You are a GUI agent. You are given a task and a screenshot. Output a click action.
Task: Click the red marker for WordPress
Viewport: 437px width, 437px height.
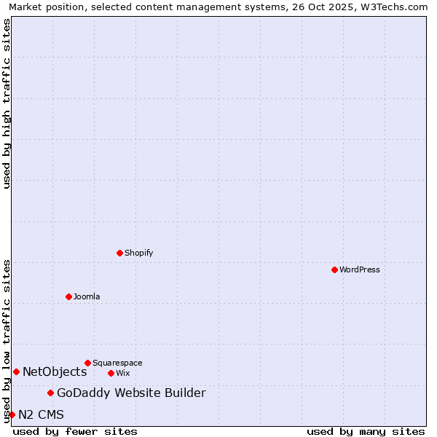pos(334,269)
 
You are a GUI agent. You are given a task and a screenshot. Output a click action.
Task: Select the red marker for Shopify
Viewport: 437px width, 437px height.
pos(119,253)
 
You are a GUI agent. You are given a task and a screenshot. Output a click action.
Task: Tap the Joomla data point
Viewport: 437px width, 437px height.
pos(68,296)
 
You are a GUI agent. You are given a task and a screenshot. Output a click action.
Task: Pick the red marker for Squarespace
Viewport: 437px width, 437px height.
pos(87,363)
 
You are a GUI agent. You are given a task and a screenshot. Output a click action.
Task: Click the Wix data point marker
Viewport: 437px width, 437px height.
pos(111,373)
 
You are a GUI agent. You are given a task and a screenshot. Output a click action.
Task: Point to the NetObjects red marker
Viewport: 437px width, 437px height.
pos(16,371)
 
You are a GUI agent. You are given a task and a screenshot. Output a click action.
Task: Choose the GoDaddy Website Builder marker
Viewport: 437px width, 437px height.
pos(50,393)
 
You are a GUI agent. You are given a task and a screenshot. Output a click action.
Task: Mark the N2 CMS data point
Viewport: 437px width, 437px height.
pos(12,414)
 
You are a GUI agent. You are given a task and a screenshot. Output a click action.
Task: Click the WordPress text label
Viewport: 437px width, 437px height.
pos(360,269)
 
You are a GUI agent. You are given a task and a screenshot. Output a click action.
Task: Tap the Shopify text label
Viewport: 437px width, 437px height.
pos(138,253)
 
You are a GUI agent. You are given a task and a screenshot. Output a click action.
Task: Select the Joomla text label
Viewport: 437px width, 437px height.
pos(87,296)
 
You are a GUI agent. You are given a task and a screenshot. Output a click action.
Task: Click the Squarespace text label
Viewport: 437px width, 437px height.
pos(117,363)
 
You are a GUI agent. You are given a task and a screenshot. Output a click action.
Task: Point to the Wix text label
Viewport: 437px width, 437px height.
pos(122,373)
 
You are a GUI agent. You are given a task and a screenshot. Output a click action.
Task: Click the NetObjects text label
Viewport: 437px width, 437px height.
pos(55,371)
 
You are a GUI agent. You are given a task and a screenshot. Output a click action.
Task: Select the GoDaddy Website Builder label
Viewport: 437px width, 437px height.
pos(131,393)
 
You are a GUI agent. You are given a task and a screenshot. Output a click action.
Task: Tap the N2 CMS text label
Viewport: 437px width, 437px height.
pos(41,414)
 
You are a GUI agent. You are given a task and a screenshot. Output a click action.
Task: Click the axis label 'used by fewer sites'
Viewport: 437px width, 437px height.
pos(75,431)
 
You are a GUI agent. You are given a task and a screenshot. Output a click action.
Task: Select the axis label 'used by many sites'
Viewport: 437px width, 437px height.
pos(366,431)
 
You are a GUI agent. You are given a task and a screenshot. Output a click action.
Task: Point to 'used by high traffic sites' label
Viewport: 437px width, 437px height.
pos(7,103)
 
